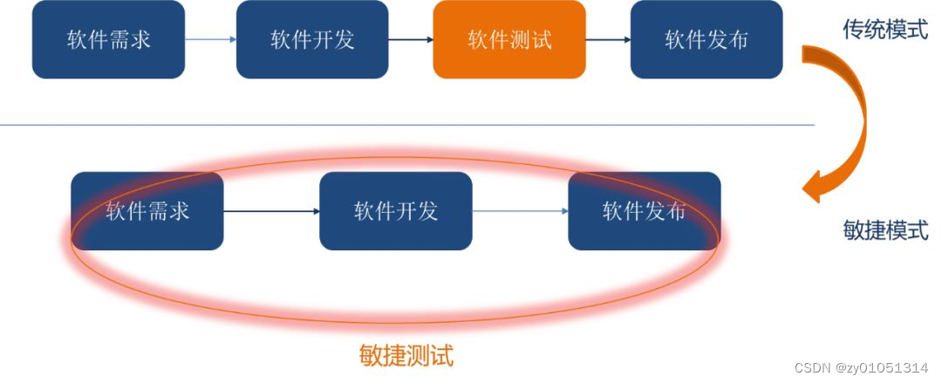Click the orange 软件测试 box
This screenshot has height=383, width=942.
[x=509, y=39]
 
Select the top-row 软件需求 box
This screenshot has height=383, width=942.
[x=108, y=39]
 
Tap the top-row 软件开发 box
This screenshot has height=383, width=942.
[x=312, y=39]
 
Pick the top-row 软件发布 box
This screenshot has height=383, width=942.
[x=706, y=39]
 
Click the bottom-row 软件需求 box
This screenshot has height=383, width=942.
[x=147, y=211]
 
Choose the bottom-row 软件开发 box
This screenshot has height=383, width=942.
[x=395, y=211]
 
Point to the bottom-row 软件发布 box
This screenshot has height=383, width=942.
[x=644, y=211]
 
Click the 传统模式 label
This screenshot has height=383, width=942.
[x=884, y=30]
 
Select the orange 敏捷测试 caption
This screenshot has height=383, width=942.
[x=406, y=355]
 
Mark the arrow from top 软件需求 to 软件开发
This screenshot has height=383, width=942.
[x=210, y=39]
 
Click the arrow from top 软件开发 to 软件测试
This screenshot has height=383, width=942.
[x=411, y=39]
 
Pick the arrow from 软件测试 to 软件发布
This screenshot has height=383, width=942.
[x=608, y=39]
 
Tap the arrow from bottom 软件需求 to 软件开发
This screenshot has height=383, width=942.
[x=271, y=211]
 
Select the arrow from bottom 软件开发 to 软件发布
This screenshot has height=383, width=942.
[x=520, y=211]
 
